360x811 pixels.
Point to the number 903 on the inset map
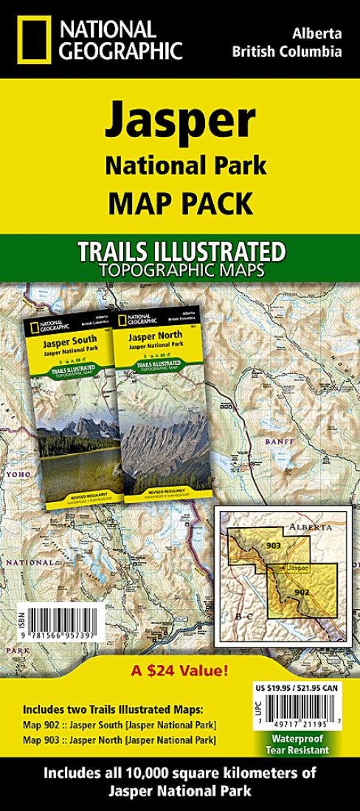pyautogui.click(x=253, y=546)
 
